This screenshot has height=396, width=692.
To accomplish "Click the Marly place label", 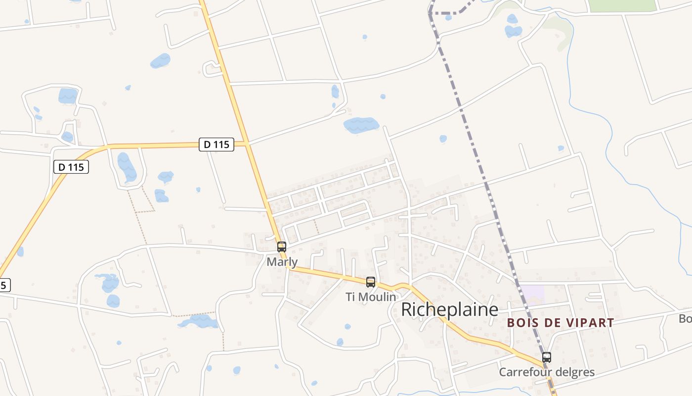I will coord(282,262).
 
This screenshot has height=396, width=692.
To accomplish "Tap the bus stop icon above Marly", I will coord(282,247).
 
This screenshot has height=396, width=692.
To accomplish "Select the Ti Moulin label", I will coord(371,297).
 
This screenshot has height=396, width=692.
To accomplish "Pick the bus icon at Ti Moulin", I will coord(371,282).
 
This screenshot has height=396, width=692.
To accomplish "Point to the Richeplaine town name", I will coord(449,309).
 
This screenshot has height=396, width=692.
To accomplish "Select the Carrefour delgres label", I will coord(547,372).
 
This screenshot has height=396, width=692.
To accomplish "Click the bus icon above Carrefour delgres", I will coord(547,357).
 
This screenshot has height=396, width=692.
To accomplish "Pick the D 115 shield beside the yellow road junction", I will coord(216,145).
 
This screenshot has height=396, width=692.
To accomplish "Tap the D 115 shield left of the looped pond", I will coord(71,167).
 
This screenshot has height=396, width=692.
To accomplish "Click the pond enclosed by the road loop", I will coord(127,167).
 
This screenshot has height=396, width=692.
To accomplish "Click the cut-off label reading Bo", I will coord(685,319).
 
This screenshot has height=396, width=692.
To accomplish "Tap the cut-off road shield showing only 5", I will coord(4,285).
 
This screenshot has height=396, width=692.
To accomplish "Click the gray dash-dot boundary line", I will coord(475,148).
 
